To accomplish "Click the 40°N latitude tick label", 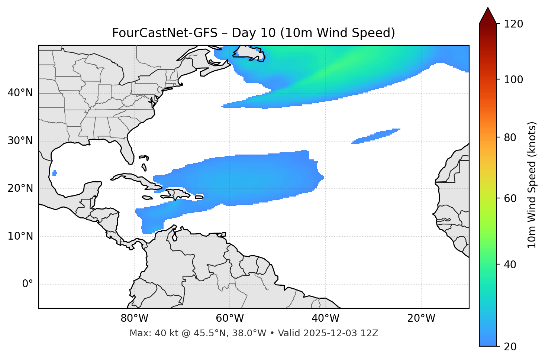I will point(20,93).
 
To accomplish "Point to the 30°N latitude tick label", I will point(20,141).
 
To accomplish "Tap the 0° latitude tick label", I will point(28,284).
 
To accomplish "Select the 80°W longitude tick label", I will point(134,318).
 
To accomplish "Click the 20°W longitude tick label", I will point(421,318).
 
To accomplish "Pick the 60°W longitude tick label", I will point(230,318).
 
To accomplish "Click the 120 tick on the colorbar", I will point(513,24).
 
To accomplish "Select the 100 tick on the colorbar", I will point(513,80).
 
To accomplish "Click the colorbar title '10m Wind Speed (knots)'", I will point(532,185).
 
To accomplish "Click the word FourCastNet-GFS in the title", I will point(164,33).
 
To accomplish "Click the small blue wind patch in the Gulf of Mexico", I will point(55,173).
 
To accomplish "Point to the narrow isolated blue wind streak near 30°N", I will point(375,136).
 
